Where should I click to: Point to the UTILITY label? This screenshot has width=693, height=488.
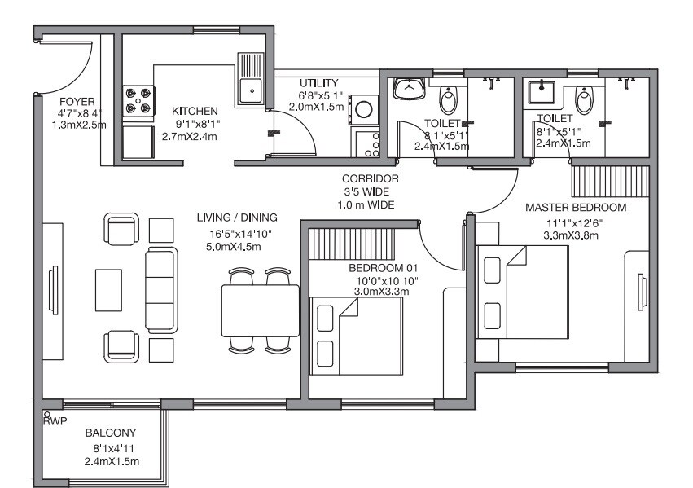click(319, 84)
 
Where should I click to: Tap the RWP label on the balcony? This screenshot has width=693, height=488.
click(55, 420)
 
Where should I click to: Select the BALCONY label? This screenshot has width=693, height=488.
click(111, 433)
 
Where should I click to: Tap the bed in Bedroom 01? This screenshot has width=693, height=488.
click(356, 335)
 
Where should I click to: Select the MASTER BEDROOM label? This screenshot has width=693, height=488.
click(576, 207)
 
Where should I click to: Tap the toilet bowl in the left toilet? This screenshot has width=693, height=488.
click(449, 100)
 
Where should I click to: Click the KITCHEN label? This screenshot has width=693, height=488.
click(195, 111)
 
